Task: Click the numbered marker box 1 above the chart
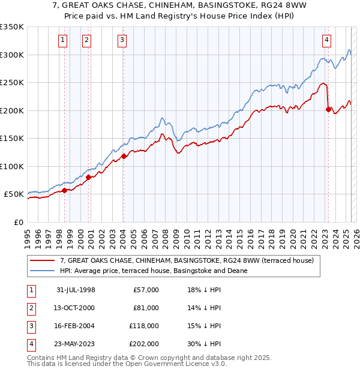[63, 40]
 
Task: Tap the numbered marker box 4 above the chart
[326, 40]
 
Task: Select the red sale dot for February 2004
[124, 157]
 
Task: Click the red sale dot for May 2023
[328, 109]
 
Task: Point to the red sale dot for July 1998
[64, 191]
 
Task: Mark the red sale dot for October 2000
[88, 177]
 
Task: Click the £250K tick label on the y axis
[12, 82]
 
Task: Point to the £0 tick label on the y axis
[18, 222]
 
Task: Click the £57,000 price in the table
[146, 290]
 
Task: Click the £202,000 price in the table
[144, 344]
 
